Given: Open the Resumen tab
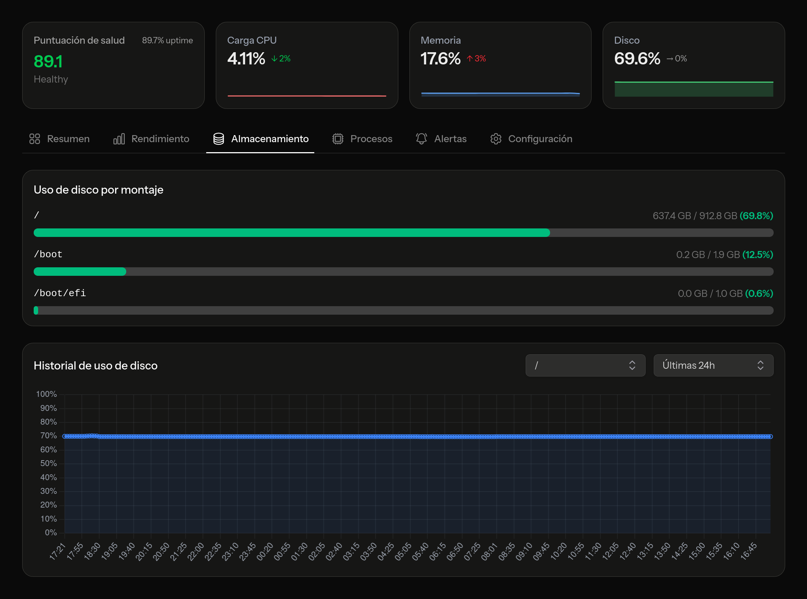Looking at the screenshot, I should (x=60, y=139).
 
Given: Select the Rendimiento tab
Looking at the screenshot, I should (x=151, y=139).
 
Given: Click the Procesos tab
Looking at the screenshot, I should (x=362, y=139).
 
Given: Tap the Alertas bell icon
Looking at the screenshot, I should (x=421, y=139).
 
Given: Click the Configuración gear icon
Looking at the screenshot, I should (x=496, y=139).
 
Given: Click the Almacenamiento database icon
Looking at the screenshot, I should (x=219, y=139).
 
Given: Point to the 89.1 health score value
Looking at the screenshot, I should (x=48, y=61).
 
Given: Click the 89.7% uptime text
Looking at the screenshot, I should (x=167, y=40).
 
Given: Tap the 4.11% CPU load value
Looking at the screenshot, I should (x=246, y=58).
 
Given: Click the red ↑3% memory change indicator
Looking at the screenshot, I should (x=476, y=58).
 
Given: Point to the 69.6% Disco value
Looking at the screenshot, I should (x=637, y=58).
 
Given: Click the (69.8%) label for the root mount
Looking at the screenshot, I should (x=756, y=216).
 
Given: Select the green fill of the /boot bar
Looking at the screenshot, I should (x=80, y=272).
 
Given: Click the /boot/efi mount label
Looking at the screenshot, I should (x=60, y=293).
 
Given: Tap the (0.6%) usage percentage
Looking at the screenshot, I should (x=759, y=294).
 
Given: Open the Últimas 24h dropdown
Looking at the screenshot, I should (x=713, y=365).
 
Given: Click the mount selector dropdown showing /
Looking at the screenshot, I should (x=585, y=365).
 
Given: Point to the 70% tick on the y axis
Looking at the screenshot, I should (x=48, y=436).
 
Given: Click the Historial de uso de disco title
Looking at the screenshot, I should (x=96, y=366).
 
